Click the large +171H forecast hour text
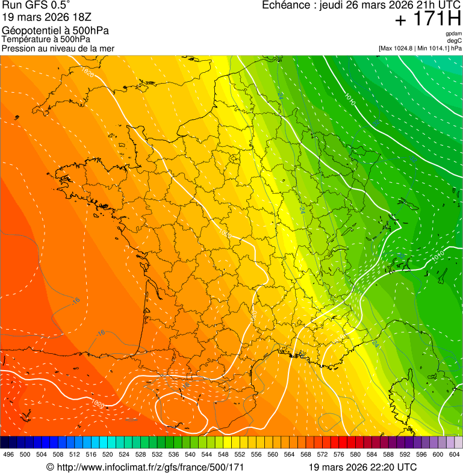pos(427,19)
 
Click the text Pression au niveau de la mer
pos(58,48)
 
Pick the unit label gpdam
pos(453,34)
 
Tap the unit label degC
pos(455,41)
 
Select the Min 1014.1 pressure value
pos(432,48)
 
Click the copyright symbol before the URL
pos(50,467)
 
